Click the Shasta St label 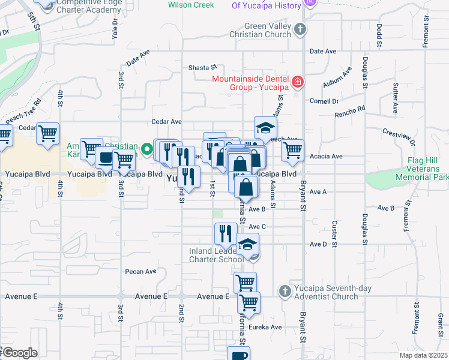tap(202, 68)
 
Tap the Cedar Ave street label tap(167, 121)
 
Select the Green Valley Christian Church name tap(267, 30)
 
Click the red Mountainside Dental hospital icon tap(297, 82)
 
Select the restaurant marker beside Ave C tap(226, 233)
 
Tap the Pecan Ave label tap(140, 272)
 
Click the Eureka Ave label tap(267, 327)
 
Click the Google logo tap(19, 353)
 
